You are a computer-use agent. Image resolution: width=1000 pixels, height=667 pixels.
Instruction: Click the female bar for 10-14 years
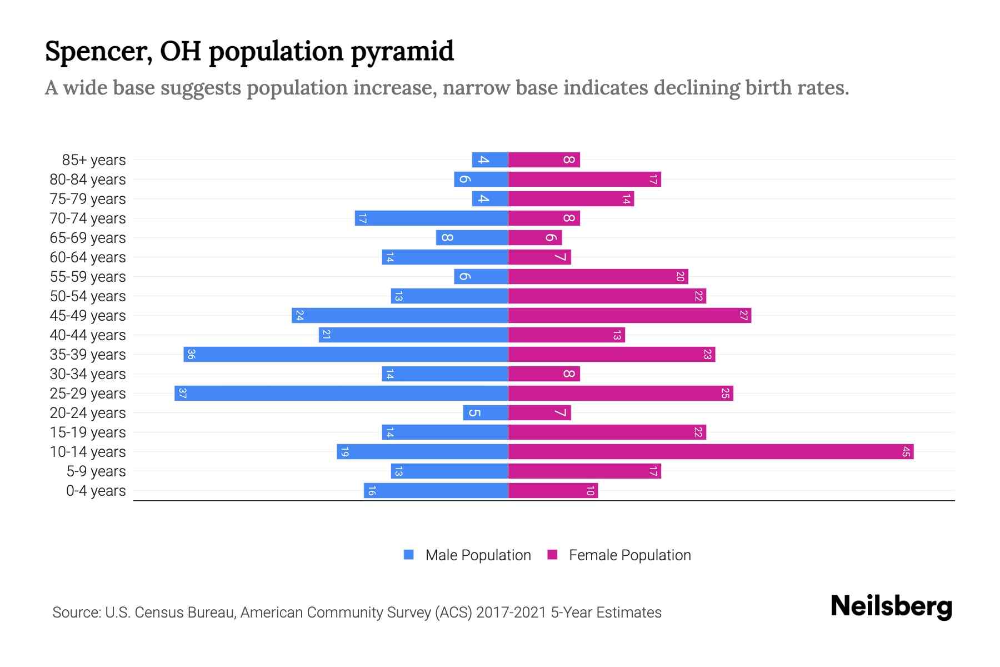(x=711, y=452)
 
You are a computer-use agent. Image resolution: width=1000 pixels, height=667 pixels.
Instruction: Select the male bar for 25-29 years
(x=341, y=394)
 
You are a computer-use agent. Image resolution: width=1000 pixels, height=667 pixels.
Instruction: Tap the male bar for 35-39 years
(x=346, y=355)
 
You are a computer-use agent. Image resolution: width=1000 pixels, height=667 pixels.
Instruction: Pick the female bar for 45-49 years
(x=629, y=316)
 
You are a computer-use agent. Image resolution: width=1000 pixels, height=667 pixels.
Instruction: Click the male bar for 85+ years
(x=490, y=160)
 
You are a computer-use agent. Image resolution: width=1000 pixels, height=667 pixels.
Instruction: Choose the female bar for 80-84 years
(x=584, y=180)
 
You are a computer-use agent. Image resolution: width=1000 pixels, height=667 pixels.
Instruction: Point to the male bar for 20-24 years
(x=486, y=413)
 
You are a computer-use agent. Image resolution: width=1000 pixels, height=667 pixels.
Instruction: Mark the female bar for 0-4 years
(x=553, y=491)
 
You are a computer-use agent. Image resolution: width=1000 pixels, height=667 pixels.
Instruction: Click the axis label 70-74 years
(x=88, y=218)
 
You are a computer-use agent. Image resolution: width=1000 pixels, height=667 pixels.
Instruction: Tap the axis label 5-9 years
(x=96, y=471)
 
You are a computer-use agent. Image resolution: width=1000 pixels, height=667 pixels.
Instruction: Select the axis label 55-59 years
(x=88, y=277)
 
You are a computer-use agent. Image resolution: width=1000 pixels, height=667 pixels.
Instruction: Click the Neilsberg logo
(x=891, y=606)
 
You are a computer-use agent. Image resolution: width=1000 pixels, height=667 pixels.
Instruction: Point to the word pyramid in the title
(x=402, y=52)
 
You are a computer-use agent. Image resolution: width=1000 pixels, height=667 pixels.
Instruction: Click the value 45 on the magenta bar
(x=906, y=452)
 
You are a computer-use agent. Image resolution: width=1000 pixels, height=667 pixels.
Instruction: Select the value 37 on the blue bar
(x=182, y=394)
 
